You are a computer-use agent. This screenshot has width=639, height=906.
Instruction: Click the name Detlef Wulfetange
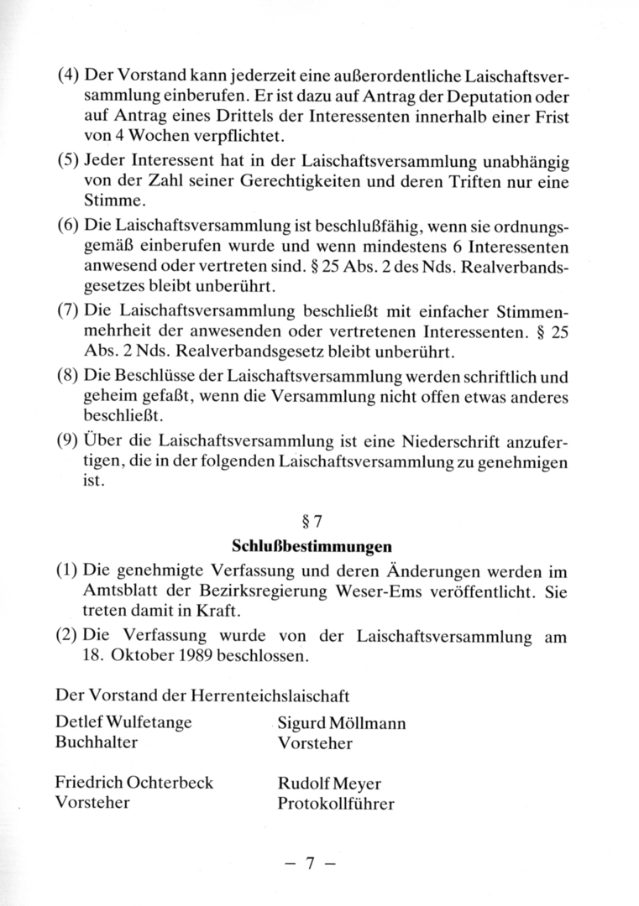pyautogui.click(x=123, y=723)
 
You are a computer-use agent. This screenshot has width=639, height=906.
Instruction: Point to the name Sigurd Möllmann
pyautogui.click(x=342, y=724)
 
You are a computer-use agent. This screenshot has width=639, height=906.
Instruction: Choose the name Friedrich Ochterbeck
pyautogui.click(x=134, y=783)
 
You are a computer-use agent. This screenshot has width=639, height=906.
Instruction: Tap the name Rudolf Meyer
pyautogui.click(x=329, y=784)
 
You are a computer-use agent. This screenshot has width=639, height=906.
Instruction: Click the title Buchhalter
pyautogui.click(x=97, y=742)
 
